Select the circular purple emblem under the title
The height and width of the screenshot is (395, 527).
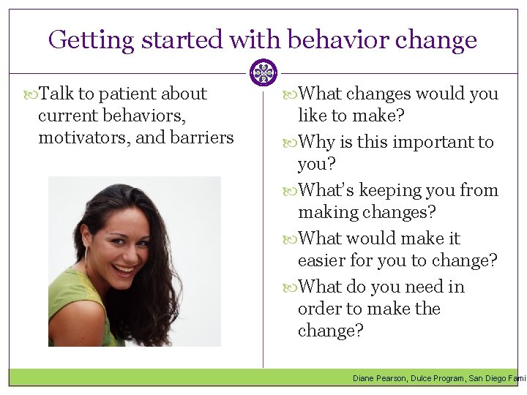tap(263, 72)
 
